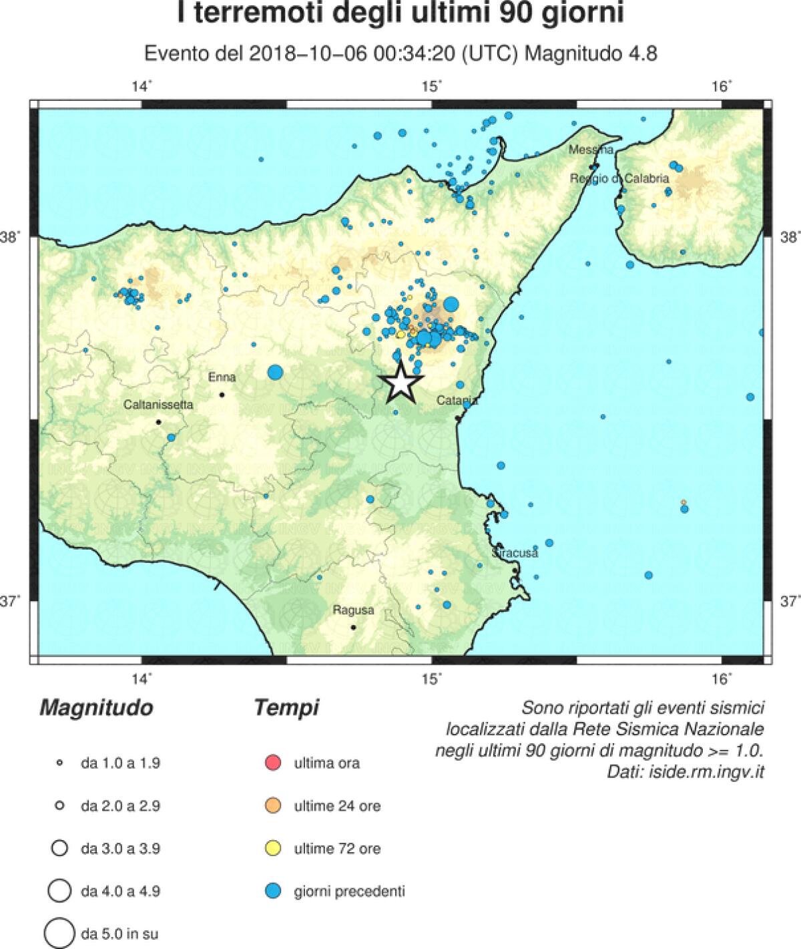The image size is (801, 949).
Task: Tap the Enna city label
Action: click(222, 377)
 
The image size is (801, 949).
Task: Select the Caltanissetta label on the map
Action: click(158, 405)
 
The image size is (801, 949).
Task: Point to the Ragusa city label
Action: click(353, 610)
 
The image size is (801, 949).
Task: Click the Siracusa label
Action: click(515, 554)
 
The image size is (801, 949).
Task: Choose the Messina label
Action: click(591, 150)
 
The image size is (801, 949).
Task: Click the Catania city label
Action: click(457, 401)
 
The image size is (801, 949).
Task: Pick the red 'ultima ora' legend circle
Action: click(273, 763)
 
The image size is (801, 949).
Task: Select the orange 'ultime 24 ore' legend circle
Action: click(273, 806)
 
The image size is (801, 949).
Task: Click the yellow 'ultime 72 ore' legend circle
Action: click(273, 849)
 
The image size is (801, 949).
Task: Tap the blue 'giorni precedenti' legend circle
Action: click(273, 891)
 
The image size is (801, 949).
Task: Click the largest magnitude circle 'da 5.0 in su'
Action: click(59, 933)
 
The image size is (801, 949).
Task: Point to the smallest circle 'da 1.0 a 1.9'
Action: click(59, 763)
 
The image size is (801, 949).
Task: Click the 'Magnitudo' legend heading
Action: click(96, 708)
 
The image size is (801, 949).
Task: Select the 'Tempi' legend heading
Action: click(286, 708)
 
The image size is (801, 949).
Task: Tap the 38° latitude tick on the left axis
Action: click(13, 237)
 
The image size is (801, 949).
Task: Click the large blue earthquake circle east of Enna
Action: click(275, 373)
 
